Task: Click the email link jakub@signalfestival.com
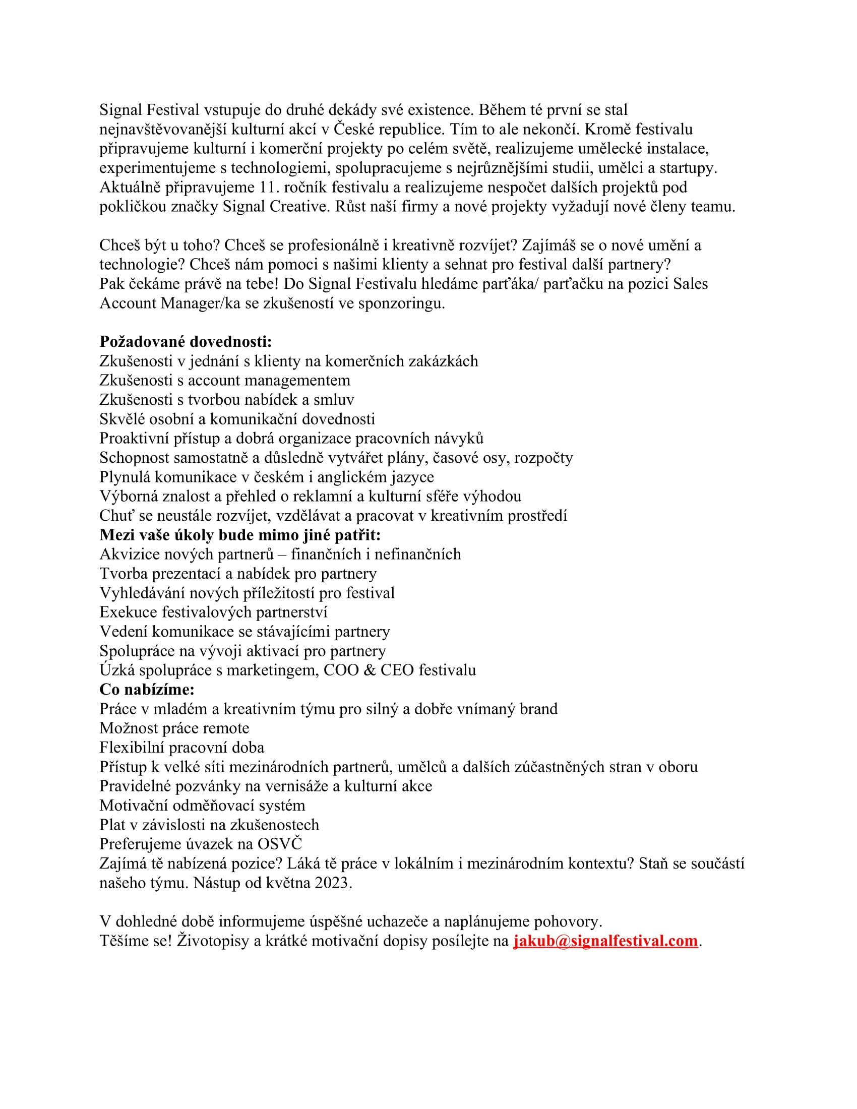pyautogui.click(x=605, y=941)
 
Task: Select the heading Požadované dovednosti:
pyautogui.click(x=186, y=341)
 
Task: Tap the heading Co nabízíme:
pyautogui.click(x=147, y=690)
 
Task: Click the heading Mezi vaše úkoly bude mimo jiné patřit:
pyautogui.click(x=240, y=535)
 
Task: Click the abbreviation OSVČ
pyautogui.click(x=280, y=844)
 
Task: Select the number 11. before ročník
pyautogui.click(x=269, y=188)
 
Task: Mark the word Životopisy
pyautogui.click(x=213, y=941)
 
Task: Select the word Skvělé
pyautogui.click(x=122, y=419)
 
